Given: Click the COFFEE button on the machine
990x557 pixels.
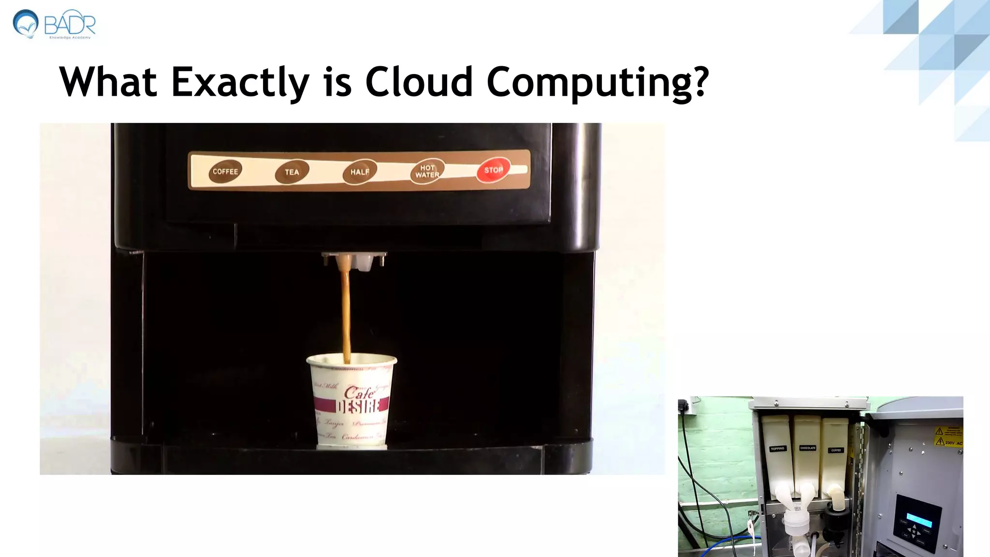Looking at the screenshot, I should click(x=225, y=172).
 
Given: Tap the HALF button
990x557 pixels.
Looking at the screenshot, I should click(x=360, y=172).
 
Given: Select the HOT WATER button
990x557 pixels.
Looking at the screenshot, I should click(x=427, y=172).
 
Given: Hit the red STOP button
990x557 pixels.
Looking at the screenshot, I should click(x=493, y=170).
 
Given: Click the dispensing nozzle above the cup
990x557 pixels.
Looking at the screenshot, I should click(x=353, y=261).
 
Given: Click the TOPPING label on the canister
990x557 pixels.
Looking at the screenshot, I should click(x=777, y=449).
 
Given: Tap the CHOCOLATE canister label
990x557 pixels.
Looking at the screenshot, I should click(x=808, y=448).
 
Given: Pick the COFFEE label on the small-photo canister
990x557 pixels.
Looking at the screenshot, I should click(x=836, y=450).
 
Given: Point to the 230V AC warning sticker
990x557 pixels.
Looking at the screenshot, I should click(x=947, y=442).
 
